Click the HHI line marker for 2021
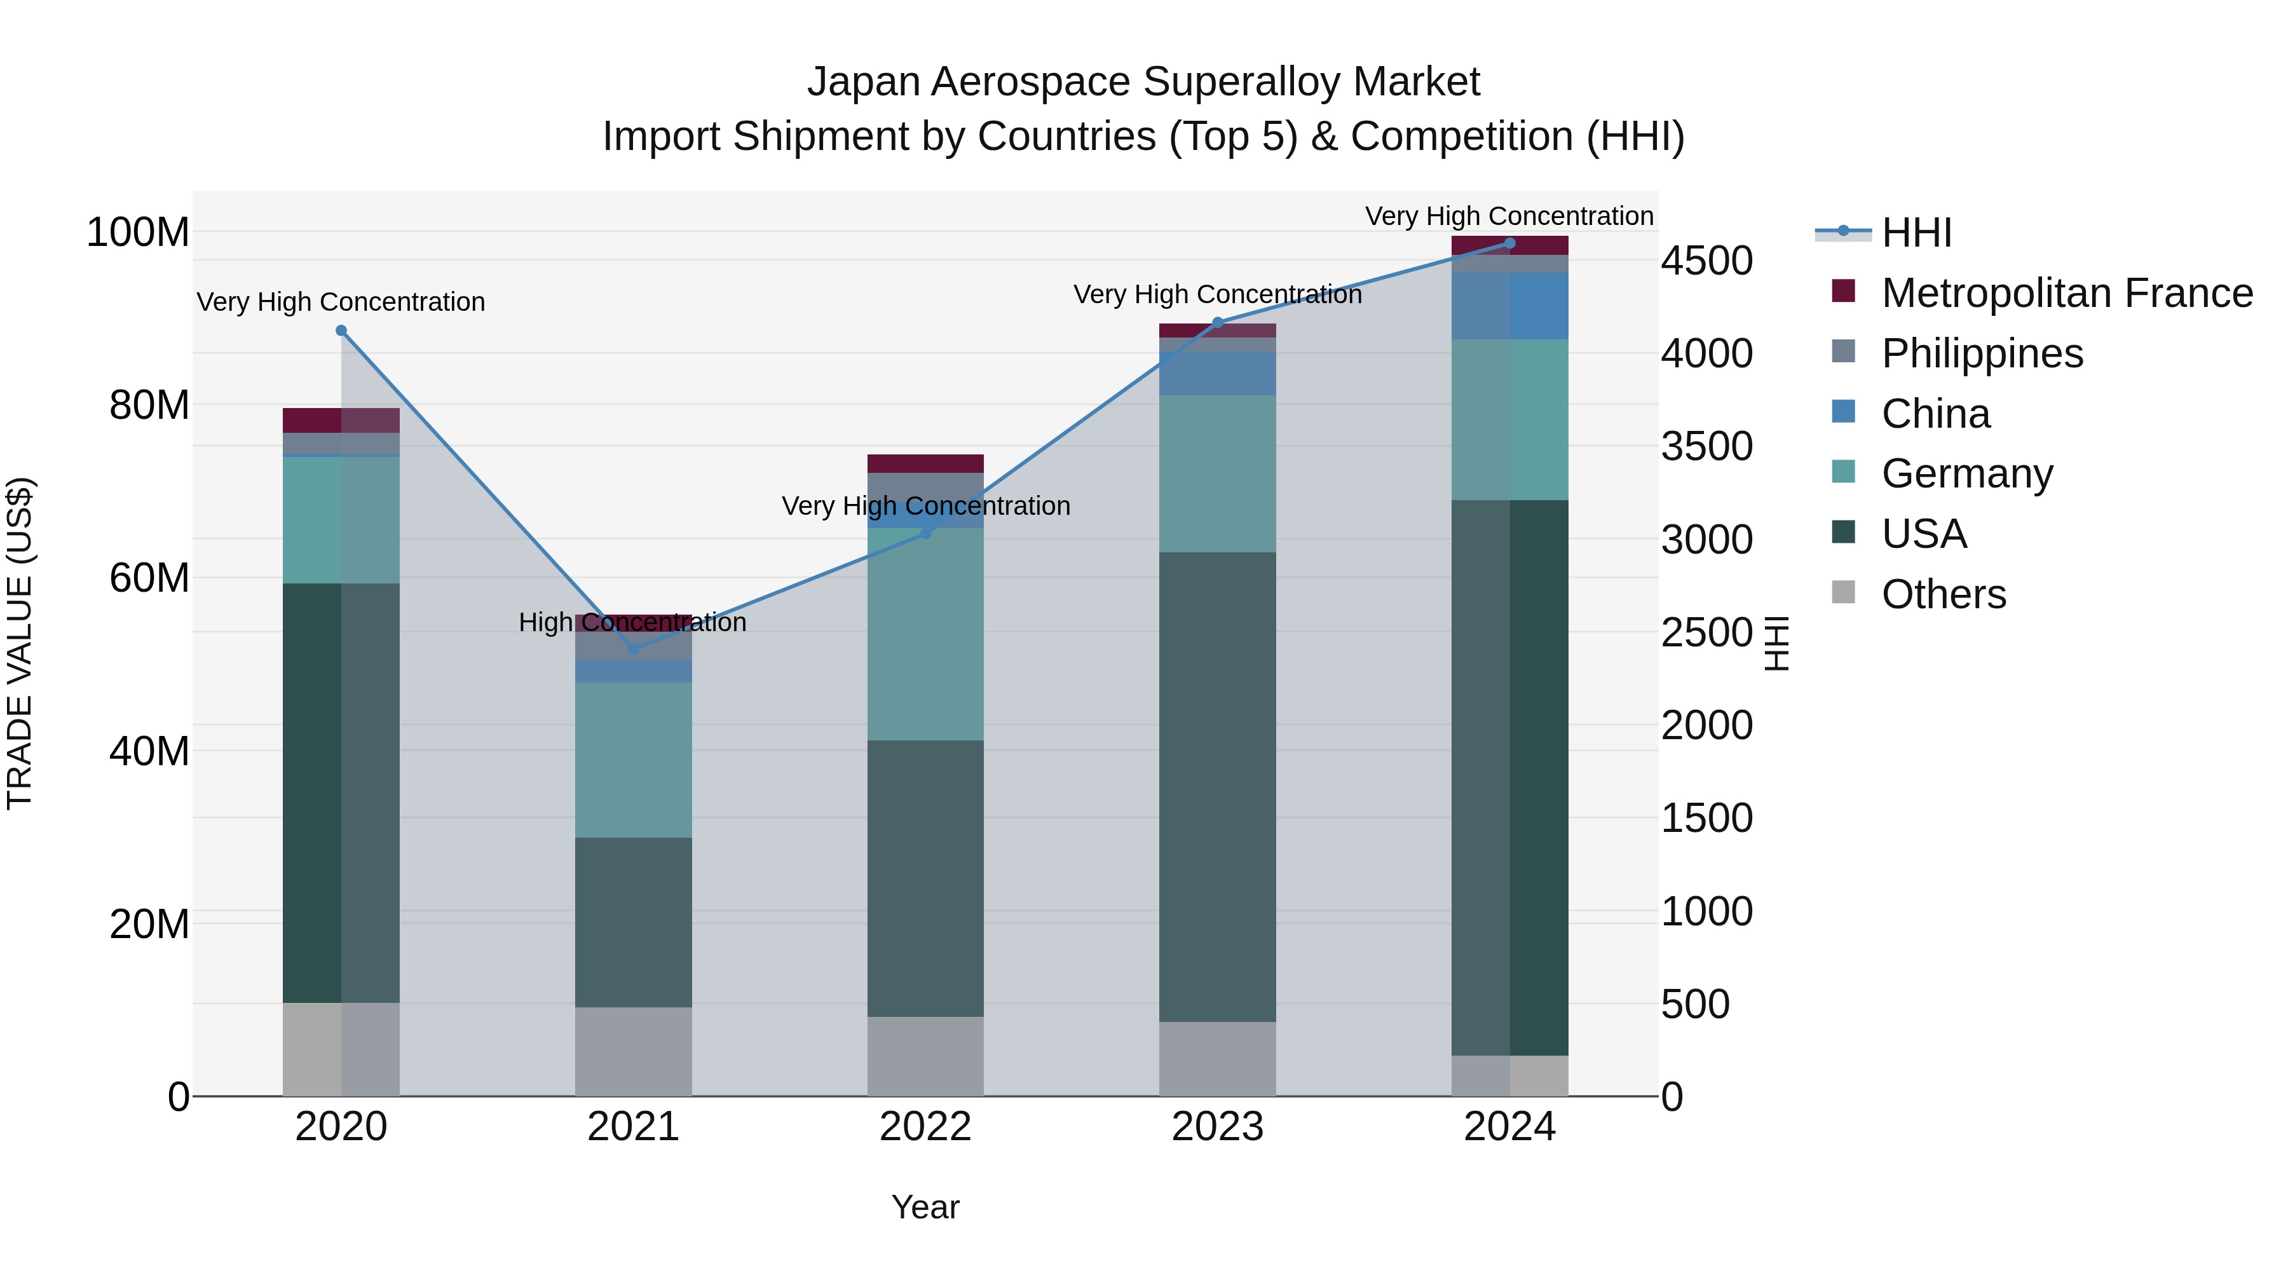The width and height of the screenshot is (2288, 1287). click(633, 650)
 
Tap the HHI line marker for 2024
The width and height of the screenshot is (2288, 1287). click(1510, 243)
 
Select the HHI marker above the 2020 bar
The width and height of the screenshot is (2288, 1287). click(341, 330)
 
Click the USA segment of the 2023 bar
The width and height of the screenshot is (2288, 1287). click(1218, 786)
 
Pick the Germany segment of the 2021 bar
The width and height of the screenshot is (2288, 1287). click(633, 759)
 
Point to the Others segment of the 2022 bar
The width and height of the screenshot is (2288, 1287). click(925, 1056)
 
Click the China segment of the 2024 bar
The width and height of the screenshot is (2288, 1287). click(1510, 306)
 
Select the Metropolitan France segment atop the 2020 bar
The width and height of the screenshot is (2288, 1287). click(341, 420)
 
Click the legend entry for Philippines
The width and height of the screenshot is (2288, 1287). click(1982, 353)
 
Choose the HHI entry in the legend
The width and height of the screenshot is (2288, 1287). click(1916, 233)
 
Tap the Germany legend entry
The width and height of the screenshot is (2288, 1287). click(1966, 473)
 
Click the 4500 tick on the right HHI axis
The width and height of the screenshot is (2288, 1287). click(1706, 261)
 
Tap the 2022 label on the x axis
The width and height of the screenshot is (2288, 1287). click(925, 1127)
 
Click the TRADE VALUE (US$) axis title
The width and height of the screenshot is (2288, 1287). click(20, 643)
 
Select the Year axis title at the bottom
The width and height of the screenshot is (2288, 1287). click(925, 1207)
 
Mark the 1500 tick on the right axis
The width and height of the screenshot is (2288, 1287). click(1706, 818)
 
